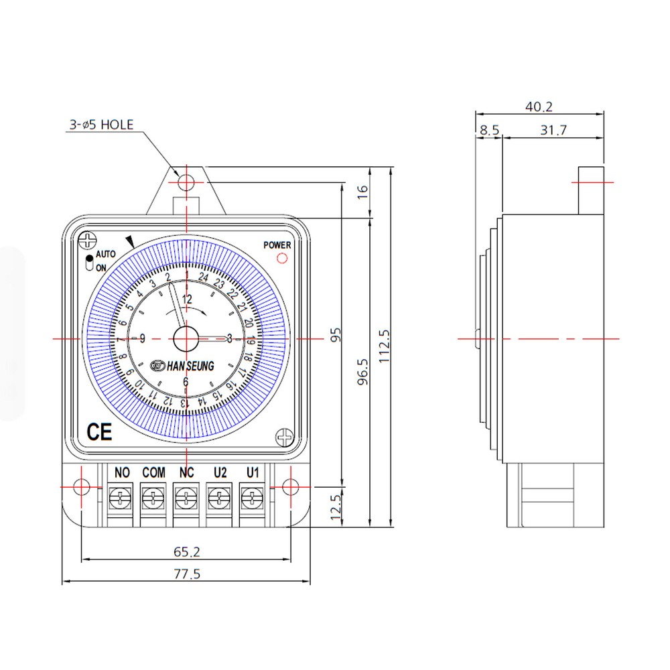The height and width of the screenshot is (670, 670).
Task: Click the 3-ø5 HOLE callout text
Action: [101, 125]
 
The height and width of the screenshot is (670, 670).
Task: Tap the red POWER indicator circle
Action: [282, 257]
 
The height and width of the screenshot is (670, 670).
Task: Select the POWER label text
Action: [277, 245]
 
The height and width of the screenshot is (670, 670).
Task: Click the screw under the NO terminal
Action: [121, 498]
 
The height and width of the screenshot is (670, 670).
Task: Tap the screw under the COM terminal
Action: [153, 498]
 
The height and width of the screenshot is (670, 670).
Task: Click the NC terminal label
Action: [186, 473]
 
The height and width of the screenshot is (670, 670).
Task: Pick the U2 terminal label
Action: [220, 473]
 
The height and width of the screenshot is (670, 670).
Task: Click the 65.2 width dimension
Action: [187, 552]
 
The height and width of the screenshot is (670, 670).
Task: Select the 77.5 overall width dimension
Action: [187, 574]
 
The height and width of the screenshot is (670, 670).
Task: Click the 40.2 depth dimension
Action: [539, 107]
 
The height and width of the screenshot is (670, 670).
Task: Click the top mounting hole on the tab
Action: [186, 182]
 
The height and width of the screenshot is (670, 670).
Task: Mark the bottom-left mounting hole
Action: [81, 486]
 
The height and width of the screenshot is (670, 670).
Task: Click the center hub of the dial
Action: [186, 339]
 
